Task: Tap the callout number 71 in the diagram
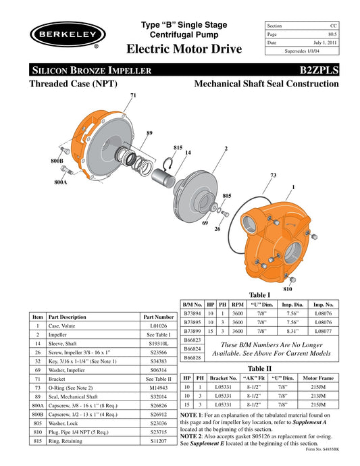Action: click(133, 96)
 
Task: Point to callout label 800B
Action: click(57, 161)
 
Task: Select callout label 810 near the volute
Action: click(288, 288)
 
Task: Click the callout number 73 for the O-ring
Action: click(273, 175)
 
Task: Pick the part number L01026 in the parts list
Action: click(159, 326)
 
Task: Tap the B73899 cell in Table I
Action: click(194, 331)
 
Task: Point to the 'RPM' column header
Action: click(238, 305)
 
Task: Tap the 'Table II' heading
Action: click(260, 368)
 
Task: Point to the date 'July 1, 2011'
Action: click(324, 42)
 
